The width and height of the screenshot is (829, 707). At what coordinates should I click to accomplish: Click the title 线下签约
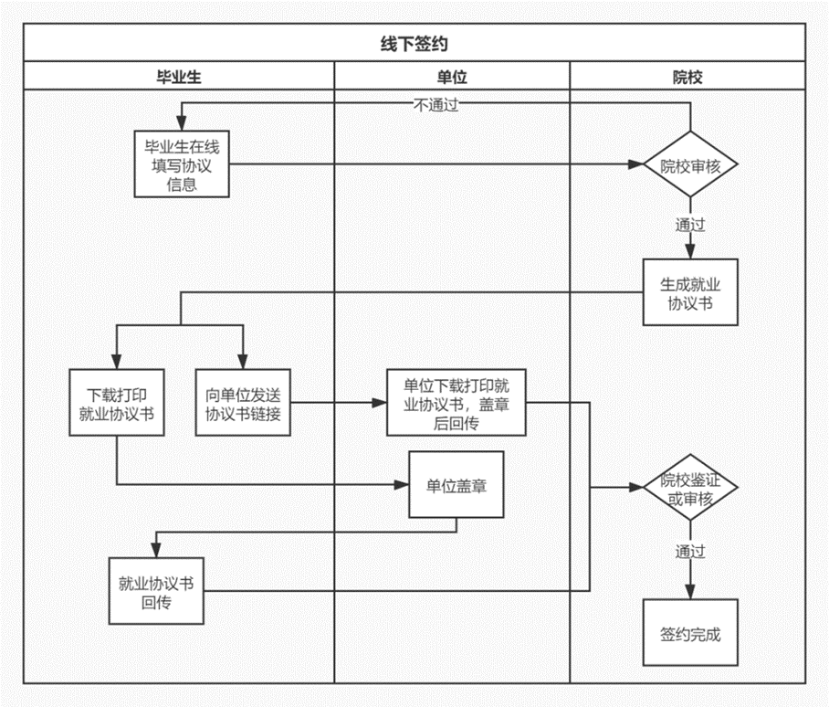[x=414, y=43]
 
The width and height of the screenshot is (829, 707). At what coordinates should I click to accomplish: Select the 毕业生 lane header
[x=179, y=78]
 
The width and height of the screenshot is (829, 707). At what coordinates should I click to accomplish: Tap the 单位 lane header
[x=452, y=78]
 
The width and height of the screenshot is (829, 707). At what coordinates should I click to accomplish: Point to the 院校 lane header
[x=687, y=78]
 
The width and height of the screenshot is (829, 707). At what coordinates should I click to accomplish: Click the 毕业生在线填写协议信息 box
[x=182, y=164]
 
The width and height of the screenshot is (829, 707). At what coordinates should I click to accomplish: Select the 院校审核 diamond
[x=690, y=164]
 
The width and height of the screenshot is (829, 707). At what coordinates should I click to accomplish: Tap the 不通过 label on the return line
[x=435, y=105]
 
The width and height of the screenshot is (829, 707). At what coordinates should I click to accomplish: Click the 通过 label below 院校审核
[x=690, y=225]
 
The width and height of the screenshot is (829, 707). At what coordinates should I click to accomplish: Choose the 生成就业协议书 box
[x=690, y=292]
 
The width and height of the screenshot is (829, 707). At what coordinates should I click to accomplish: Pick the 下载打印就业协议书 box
[x=117, y=403]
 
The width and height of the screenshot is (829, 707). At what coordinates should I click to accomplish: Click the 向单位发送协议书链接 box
[x=243, y=403]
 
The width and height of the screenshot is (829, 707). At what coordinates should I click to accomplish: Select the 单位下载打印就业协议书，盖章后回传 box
[x=456, y=403]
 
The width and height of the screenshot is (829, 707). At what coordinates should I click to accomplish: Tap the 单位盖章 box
[x=456, y=484]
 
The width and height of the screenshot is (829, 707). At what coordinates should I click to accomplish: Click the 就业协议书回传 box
[x=156, y=591]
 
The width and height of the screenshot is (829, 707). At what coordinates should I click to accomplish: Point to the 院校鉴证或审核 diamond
[x=690, y=487]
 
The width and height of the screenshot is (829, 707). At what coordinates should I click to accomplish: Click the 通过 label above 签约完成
[x=690, y=552]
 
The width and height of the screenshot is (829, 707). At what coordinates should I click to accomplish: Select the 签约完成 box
[x=690, y=632]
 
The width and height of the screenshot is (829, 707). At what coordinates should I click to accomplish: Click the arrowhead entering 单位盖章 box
[x=402, y=484]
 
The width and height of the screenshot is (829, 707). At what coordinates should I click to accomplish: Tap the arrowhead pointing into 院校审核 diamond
[x=635, y=164]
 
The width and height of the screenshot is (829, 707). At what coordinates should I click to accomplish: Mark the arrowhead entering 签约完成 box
[x=690, y=592]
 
